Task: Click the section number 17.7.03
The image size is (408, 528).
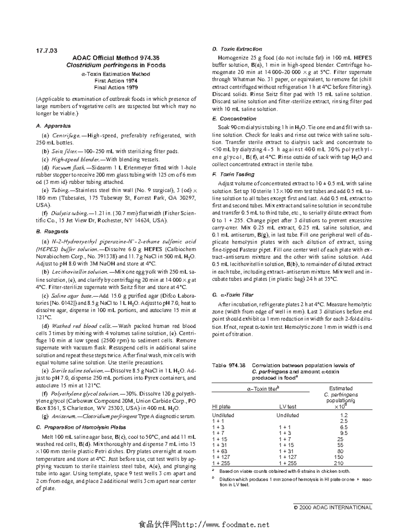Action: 47,51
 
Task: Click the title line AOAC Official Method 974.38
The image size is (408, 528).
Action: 116,58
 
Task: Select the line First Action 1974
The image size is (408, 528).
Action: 116,81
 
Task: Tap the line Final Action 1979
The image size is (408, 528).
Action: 116,88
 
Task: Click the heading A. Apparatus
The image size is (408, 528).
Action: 53,126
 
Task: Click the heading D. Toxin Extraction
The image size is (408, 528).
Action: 237,49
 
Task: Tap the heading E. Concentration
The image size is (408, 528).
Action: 234,119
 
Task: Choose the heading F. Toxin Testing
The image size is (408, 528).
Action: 233,174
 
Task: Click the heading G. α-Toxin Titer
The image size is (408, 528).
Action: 233,295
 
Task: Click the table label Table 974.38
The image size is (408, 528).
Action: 228,365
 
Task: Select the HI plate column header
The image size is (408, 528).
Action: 221,407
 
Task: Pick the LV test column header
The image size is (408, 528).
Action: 288,407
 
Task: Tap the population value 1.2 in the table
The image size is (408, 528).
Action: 343,415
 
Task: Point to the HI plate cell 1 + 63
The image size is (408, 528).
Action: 220,451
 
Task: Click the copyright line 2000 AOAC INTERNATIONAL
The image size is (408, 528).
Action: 333,507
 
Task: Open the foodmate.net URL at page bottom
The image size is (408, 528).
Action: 204,524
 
